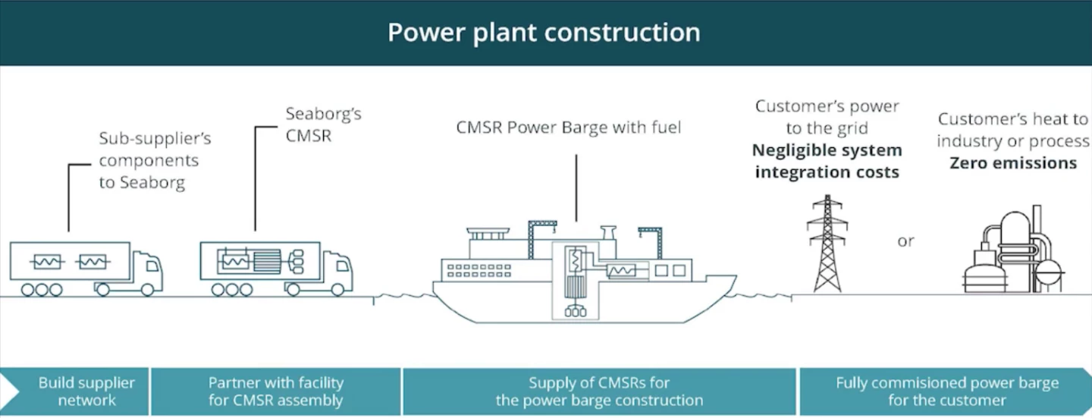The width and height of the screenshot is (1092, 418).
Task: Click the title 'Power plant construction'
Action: click(544, 33)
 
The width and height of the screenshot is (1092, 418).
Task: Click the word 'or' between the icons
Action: click(905, 241)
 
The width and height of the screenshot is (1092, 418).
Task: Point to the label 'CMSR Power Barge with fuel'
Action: click(569, 127)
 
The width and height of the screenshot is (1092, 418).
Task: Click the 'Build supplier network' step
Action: click(86, 391)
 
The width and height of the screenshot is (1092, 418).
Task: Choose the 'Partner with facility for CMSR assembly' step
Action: click(276, 391)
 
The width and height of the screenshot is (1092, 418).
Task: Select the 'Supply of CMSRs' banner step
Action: click(599, 391)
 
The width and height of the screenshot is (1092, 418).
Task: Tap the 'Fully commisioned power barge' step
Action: click(947, 391)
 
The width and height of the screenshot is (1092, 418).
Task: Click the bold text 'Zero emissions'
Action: click(1013, 163)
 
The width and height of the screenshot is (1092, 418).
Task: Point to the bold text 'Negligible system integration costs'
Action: click(827, 162)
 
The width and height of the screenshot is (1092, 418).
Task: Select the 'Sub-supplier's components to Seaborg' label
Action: click(155, 161)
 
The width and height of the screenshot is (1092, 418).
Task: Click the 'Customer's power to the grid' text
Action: click(827, 117)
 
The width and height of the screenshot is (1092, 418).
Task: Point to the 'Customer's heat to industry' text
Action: click(1013, 130)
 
